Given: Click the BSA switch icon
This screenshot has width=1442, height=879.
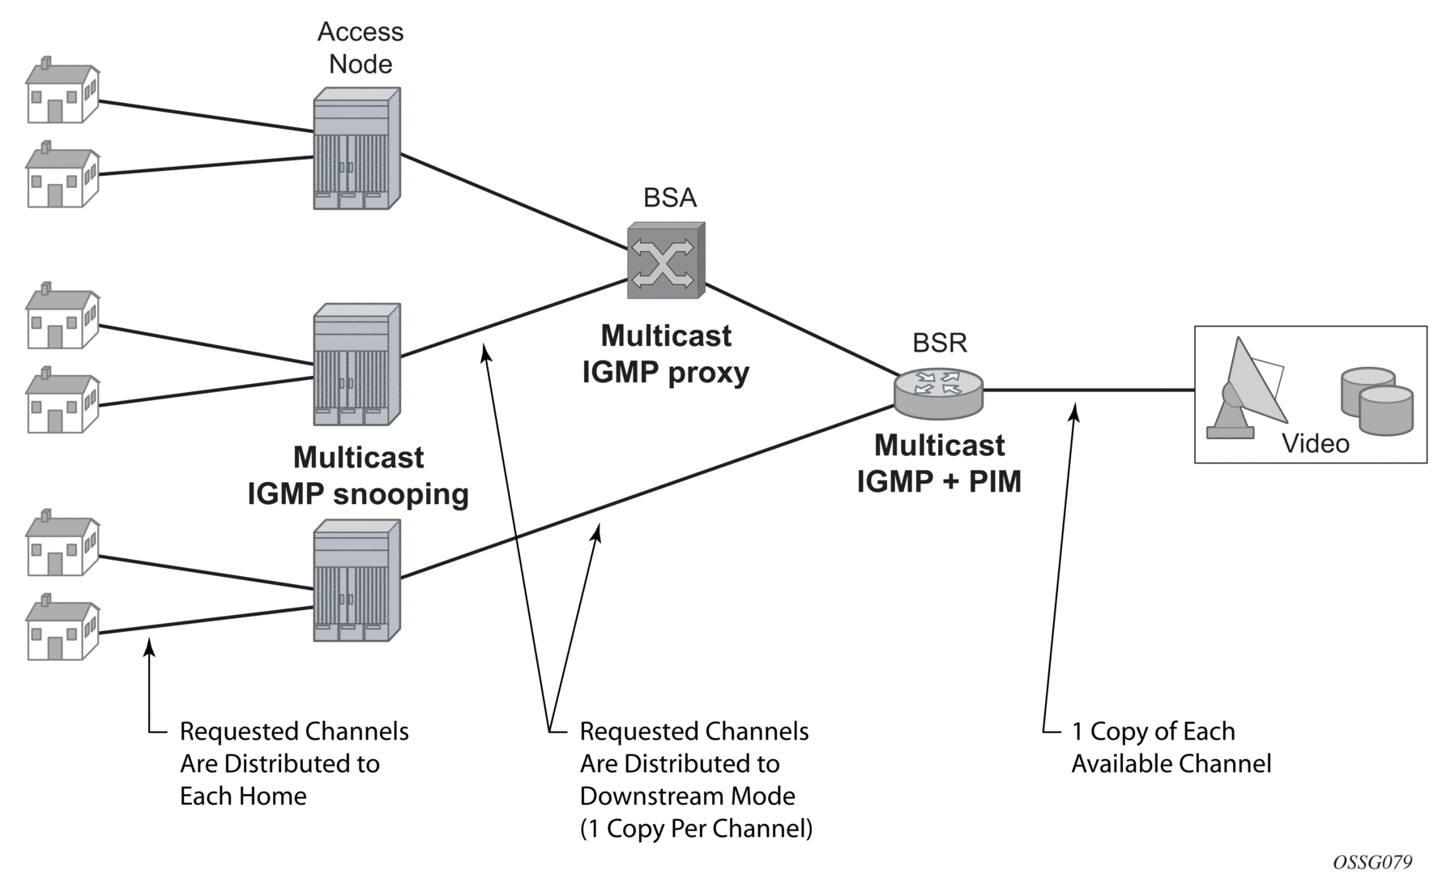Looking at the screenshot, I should tap(666, 260).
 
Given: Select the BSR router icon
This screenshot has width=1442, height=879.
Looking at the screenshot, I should tap(939, 392).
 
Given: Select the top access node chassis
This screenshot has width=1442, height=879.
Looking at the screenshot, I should tap(356, 148).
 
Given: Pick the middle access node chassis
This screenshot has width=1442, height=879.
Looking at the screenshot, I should tap(356, 364).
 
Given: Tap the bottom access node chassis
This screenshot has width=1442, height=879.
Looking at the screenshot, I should tap(356, 580).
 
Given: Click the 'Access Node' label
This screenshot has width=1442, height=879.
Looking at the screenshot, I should tap(360, 48).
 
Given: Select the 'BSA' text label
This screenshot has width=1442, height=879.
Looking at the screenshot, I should tap(670, 198).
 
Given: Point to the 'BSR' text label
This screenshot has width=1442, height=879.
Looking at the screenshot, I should tap(940, 343).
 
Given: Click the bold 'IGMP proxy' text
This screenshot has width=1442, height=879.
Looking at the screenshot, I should tap(666, 372).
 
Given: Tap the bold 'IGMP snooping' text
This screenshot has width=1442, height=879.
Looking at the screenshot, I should tap(358, 493).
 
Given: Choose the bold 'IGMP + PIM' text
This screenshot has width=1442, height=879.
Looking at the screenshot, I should tap(939, 481).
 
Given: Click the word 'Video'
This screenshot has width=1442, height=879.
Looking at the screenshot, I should tap(1315, 444).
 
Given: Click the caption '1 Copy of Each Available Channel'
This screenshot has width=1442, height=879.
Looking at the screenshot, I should tap(1171, 747).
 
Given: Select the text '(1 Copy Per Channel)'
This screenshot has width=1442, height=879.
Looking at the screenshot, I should tap(696, 829).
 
